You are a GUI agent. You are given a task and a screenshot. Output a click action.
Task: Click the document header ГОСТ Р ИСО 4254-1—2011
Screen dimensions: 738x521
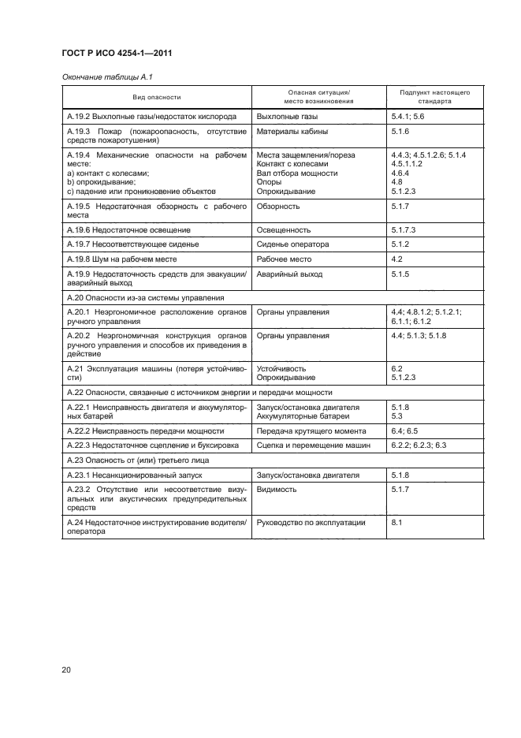pos(117,53)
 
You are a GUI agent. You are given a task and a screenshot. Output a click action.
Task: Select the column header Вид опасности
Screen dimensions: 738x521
pos(156,97)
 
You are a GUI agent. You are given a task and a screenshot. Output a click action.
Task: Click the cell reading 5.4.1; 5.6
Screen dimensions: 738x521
pos(407,116)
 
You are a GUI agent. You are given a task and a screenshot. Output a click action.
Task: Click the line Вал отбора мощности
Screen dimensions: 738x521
pos(297,173)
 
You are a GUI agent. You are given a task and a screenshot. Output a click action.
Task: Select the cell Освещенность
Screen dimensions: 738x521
pos(284,230)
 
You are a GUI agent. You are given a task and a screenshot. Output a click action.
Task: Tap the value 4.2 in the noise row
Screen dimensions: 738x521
pos(397,259)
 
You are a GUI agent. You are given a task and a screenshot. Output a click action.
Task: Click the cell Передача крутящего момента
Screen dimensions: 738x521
pos(311,431)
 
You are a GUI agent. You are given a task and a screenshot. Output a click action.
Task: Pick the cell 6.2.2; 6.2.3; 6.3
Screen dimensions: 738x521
pos(419,445)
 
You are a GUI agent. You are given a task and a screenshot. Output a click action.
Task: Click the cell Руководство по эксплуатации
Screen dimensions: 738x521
pos(311,523)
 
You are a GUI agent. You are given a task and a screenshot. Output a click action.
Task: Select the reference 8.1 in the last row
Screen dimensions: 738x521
pos(397,523)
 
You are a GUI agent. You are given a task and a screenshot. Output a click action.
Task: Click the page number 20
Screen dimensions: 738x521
pos(66,670)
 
